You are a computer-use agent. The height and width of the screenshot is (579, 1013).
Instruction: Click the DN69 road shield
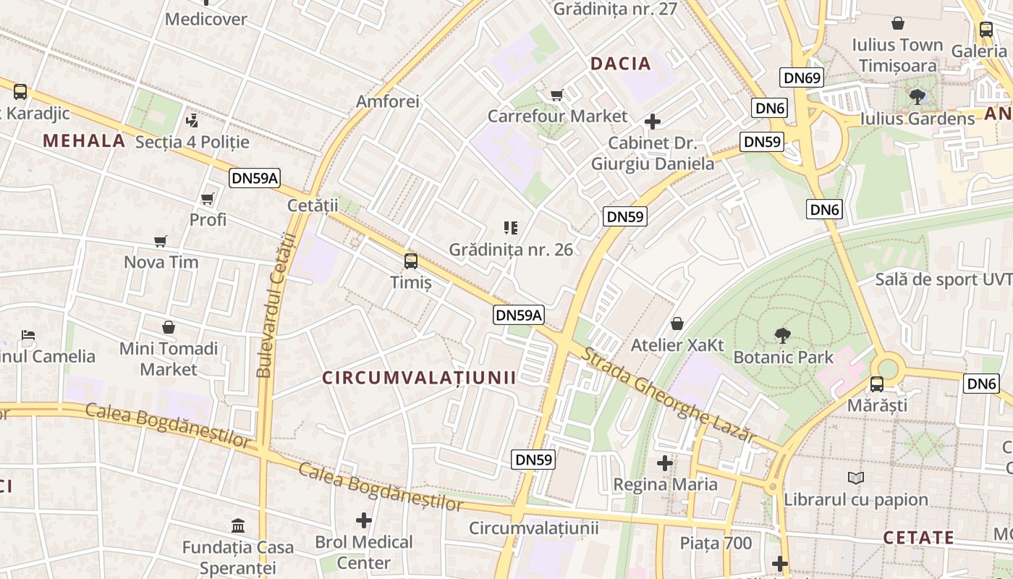pos(802,77)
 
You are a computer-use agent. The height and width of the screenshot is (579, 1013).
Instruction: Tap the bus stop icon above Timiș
pos(411,261)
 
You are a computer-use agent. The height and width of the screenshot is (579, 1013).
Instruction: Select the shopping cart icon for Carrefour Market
pos(557,95)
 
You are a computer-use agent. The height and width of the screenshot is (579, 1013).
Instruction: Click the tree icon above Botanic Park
pos(782,335)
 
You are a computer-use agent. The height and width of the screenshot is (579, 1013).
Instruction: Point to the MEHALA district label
pos(84,140)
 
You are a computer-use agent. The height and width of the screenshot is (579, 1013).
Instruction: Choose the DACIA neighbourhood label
pos(621,64)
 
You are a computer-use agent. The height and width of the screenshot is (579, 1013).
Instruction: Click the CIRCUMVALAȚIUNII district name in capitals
pos(419,378)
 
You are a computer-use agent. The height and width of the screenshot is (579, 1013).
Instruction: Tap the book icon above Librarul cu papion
pos(856,478)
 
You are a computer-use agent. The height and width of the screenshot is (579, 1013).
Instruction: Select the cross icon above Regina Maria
pos(665,462)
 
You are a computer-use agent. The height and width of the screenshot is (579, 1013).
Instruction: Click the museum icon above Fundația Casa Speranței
pos(238,525)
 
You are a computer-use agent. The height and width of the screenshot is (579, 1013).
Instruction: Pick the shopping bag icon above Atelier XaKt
pos(677,323)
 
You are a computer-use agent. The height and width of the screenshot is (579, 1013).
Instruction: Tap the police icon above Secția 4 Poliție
pos(192,120)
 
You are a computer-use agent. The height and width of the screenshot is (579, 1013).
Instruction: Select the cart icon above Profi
pos(208,198)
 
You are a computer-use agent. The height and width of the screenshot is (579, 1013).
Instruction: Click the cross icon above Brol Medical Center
pos(364,520)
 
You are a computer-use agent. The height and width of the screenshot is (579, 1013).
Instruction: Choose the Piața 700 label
pos(716,543)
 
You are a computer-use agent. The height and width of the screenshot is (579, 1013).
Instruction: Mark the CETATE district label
pos(918,538)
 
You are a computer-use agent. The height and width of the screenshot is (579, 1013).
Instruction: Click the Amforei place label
pos(388,101)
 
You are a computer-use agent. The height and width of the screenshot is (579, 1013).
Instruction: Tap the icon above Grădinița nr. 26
pos(511,228)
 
